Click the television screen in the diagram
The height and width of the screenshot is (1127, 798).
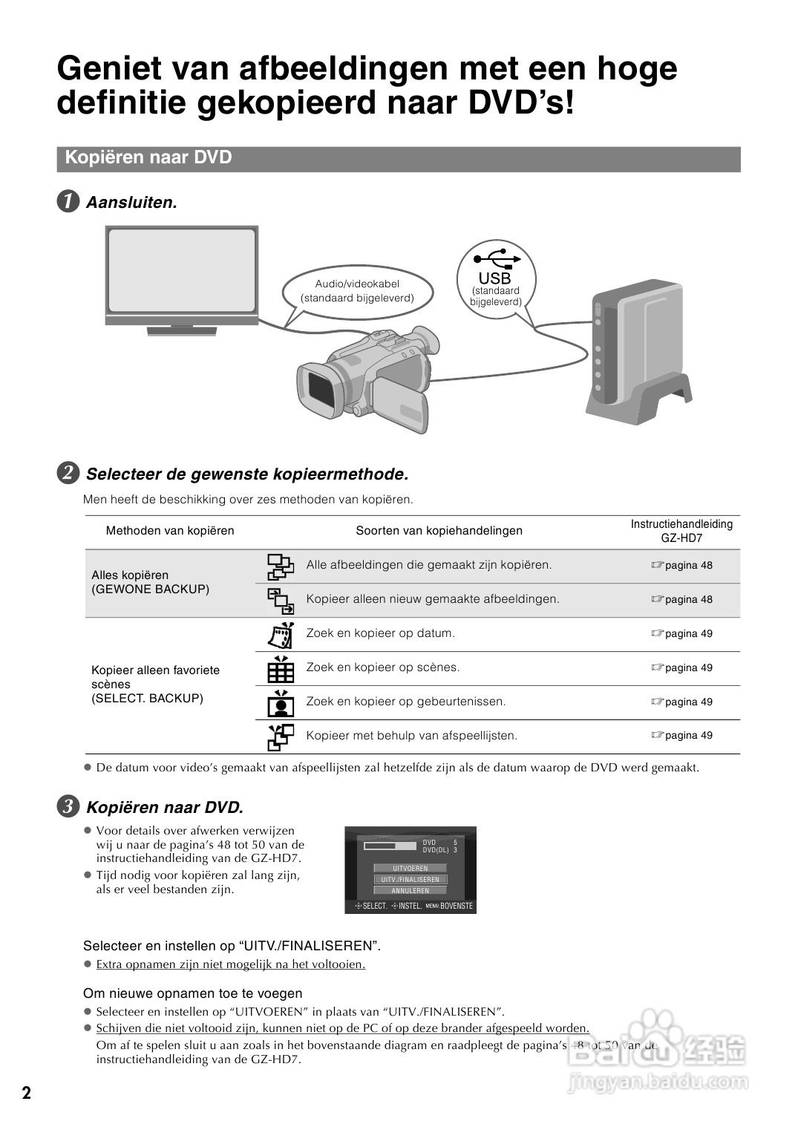click(182, 270)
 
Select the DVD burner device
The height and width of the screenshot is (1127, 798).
click(635, 349)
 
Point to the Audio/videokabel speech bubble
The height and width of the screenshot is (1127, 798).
click(357, 291)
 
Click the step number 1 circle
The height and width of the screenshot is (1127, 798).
click(68, 202)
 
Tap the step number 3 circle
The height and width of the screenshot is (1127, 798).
click(68, 807)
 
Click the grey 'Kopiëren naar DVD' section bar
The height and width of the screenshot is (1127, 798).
click(399, 158)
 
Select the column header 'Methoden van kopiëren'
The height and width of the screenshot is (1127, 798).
click(170, 530)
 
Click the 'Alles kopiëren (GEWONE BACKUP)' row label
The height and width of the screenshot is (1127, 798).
click(151, 582)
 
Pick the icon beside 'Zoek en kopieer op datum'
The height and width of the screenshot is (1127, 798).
click(281, 634)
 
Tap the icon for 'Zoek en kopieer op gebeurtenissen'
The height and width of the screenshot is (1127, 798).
click(281, 702)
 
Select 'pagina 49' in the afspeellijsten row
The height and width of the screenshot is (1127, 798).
click(688, 736)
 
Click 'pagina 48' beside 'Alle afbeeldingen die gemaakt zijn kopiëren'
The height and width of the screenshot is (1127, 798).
click(688, 566)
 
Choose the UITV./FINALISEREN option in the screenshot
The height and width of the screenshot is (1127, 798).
click(410, 879)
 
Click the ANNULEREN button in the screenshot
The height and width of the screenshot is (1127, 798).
click(410, 890)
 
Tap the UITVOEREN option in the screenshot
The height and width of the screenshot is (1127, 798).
click(410, 868)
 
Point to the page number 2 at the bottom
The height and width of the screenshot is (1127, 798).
click(27, 1093)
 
